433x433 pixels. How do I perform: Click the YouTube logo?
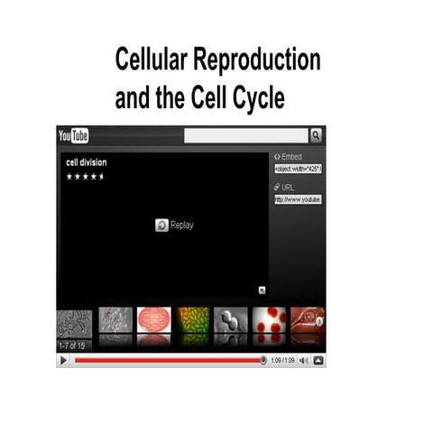pos(74,135)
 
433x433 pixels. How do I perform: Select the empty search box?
pos(246,135)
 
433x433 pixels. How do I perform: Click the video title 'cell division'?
pos(87,163)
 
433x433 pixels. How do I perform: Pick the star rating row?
pos(86,177)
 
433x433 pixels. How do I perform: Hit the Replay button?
pos(175,225)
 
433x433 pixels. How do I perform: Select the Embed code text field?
pos(299,169)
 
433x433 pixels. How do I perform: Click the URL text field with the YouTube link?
pos(299,199)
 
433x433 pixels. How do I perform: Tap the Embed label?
pos(291,156)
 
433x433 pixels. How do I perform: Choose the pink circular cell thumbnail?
pos(153,320)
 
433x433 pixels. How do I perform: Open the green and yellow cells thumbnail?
pos(192,320)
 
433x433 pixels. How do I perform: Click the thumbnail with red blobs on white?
pos(270,320)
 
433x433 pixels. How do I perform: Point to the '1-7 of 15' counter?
pos(74,346)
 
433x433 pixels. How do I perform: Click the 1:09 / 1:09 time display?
pos(282,361)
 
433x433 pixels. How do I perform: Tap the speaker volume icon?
pos(303,361)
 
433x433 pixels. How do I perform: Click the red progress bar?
pos(167,361)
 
